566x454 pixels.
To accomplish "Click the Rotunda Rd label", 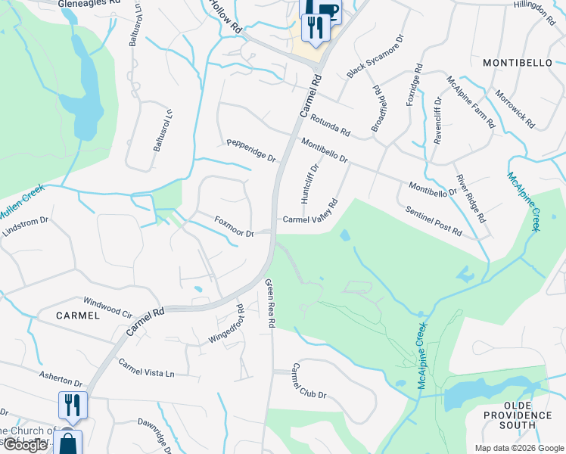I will pyautogui.click(x=331, y=126).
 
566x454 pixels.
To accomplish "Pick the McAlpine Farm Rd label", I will pyautogui.click(x=470, y=102).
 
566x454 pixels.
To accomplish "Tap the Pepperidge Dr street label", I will pyautogui.click(x=252, y=150).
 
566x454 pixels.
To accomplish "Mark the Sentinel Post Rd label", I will pyautogui.click(x=434, y=221).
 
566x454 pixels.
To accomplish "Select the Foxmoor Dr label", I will pyautogui.click(x=234, y=227).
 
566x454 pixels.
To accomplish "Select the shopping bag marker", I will pyautogui.click(x=68, y=442).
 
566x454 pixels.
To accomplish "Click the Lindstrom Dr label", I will pyautogui.click(x=26, y=227).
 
